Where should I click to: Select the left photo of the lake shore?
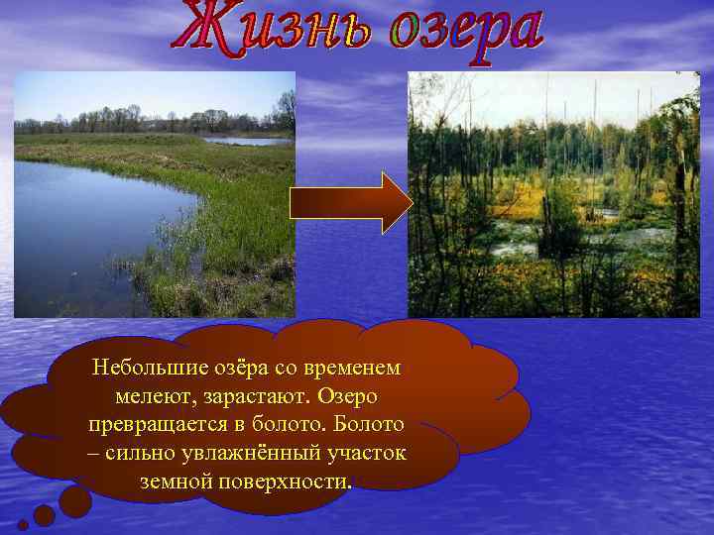[155, 194]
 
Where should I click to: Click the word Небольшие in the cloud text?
[148, 368]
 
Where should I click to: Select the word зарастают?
[253, 396]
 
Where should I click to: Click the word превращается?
[157, 425]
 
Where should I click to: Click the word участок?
[367, 454]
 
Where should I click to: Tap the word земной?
[178, 482]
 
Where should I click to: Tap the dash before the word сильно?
[92, 454]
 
